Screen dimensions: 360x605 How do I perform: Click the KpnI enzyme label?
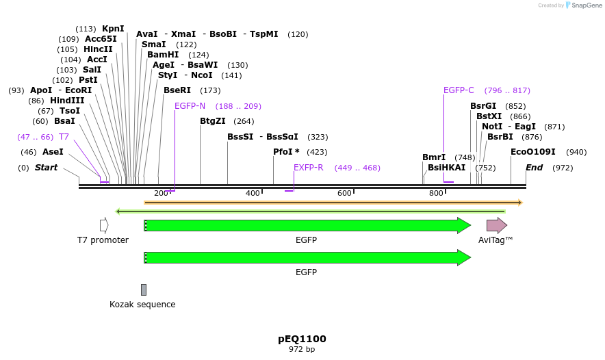[x=113, y=29]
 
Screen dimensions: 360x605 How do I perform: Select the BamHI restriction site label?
[x=163, y=55]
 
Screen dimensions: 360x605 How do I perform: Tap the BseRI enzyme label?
[x=177, y=90]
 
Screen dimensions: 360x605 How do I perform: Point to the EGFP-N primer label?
[x=190, y=106]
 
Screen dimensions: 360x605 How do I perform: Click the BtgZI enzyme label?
[x=213, y=121]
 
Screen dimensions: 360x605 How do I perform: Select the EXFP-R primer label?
[x=308, y=168]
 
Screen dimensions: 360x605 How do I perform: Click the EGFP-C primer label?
[x=459, y=90]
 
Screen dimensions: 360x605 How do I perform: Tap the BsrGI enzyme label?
[x=483, y=106]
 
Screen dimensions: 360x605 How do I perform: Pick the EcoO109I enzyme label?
[x=532, y=152]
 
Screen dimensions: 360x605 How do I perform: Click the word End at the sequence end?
[x=534, y=168]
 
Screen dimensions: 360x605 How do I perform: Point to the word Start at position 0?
[x=46, y=168]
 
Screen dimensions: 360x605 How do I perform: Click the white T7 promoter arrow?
[x=104, y=225]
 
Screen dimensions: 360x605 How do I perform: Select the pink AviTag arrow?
[x=496, y=225]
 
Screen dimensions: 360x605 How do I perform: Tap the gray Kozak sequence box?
[x=144, y=290]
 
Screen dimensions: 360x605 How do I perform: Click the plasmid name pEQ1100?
[x=302, y=339]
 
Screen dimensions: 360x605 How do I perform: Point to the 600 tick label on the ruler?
[x=344, y=193]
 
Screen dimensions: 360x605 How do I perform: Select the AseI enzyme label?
[x=53, y=152]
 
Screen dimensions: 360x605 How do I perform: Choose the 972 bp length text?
[x=302, y=350]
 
